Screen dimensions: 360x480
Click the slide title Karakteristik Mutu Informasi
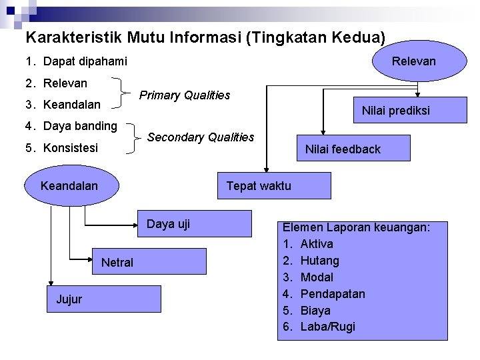pyautogui.click(x=205, y=37)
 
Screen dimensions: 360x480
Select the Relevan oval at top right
pyautogui.click(x=413, y=61)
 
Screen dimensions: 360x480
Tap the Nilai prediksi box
pyautogui.click(x=395, y=111)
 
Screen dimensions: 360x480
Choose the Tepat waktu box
pyautogui.click(x=273, y=186)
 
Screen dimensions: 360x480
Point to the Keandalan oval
pyautogui.click(x=69, y=186)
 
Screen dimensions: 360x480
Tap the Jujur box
pyautogui.click(x=103, y=299)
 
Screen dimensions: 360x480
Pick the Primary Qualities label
pyautogui.click(x=185, y=95)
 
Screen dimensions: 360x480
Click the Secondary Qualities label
pyautogui.click(x=200, y=137)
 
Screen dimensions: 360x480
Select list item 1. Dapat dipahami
pyautogui.click(x=76, y=62)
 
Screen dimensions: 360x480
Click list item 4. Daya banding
pyautogui.click(x=71, y=125)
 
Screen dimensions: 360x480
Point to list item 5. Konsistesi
pyautogui.click(x=61, y=147)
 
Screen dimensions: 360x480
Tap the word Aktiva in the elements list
pyautogui.click(x=317, y=244)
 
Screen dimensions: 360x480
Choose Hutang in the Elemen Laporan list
pyautogui.click(x=319, y=261)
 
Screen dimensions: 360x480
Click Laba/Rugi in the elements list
pyautogui.click(x=327, y=327)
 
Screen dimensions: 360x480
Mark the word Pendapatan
pyautogui.click(x=333, y=294)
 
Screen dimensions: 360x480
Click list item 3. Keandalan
pyautogui.click(x=63, y=105)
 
